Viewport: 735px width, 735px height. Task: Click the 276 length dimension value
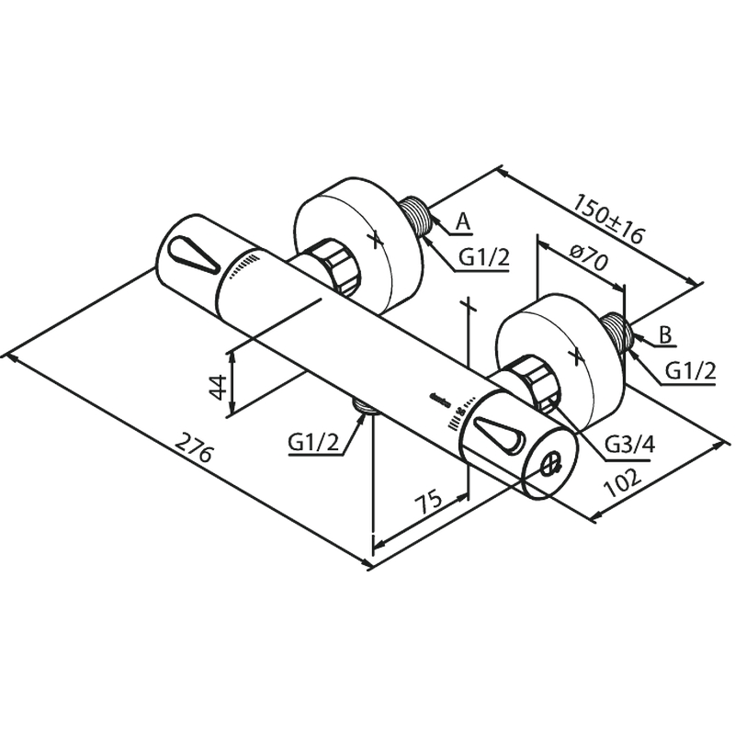[194, 447]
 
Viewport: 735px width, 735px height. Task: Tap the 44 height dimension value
[218, 387]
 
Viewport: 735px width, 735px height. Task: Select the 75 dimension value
[428, 501]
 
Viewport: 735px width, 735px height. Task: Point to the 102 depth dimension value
[623, 482]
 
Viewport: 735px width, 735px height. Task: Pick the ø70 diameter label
[589, 256]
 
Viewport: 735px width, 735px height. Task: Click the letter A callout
[463, 221]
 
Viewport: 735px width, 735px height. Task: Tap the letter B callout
[665, 334]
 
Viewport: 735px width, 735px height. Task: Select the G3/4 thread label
[629, 444]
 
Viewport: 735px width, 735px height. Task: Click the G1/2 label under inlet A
[483, 257]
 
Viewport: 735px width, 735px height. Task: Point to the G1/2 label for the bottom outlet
[313, 442]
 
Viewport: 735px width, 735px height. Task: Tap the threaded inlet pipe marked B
[617, 331]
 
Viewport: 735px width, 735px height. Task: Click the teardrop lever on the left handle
[193, 257]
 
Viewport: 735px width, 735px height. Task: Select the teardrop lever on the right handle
[497, 437]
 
